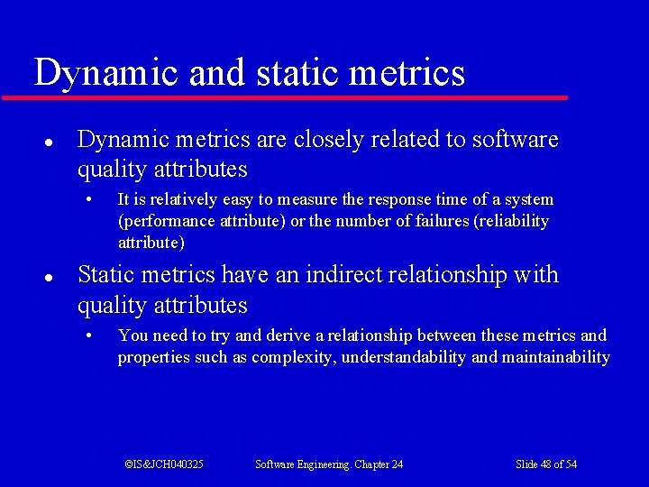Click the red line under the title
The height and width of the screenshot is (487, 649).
point(285,97)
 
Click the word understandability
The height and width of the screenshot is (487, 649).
point(399,357)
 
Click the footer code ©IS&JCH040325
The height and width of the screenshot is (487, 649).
point(164,464)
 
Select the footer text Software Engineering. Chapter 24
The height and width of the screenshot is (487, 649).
point(329,464)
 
